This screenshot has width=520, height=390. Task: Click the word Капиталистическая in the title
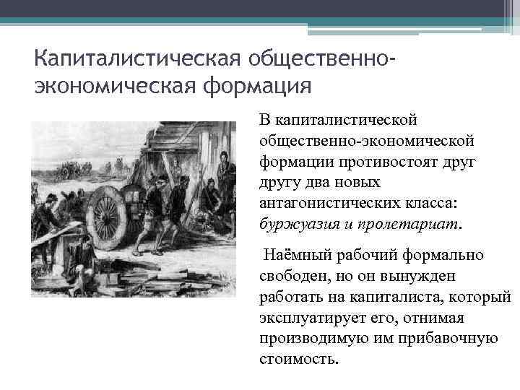pyautogui.click(x=137, y=57)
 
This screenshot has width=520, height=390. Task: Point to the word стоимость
pyautogui.click(x=298, y=358)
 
